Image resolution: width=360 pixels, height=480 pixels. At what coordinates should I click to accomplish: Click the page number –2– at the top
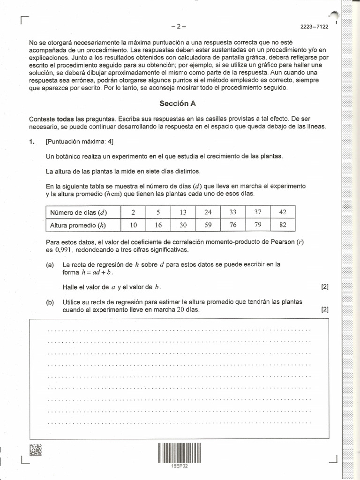click(x=180, y=27)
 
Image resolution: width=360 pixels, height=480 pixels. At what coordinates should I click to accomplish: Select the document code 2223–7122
click(x=315, y=27)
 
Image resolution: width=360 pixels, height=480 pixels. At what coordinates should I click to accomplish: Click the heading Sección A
click(x=177, y=104)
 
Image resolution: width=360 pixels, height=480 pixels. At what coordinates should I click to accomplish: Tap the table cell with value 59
click(x=208, y=225)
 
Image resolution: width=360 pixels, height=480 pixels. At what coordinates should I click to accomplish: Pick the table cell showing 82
click(x=283, y=225)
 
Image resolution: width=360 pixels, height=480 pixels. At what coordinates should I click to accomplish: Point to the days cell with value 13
click(x=183, y=212)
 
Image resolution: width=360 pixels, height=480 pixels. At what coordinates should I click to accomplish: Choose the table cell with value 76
click(x=233, y=225)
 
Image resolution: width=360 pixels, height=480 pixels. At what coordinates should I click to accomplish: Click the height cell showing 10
click(x=134, y=225)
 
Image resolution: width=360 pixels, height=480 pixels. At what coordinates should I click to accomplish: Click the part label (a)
click(x=50, y=264)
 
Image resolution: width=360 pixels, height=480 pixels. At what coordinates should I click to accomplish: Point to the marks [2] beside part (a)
click(x=325, y=287)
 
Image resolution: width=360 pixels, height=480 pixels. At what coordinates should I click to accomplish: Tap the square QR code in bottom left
click(x=35, y=450)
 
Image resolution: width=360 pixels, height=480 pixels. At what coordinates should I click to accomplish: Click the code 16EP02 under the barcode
click(x=180, y=466)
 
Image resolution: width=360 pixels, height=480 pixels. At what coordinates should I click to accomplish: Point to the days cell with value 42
click(x=283, y=212)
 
